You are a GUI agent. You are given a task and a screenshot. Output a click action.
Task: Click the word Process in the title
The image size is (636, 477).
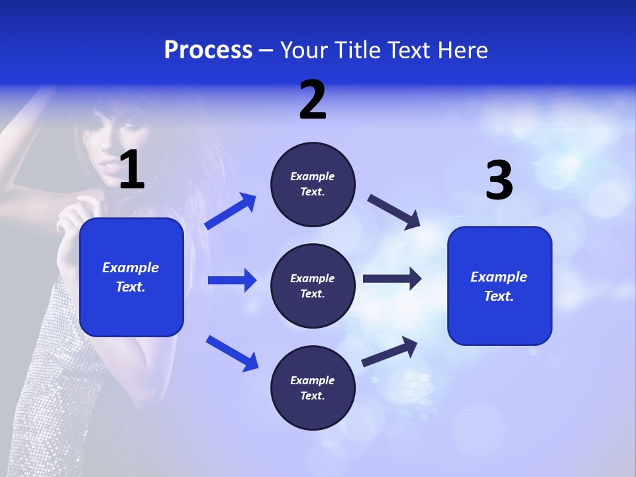pyautogui.click(x=208, y=50)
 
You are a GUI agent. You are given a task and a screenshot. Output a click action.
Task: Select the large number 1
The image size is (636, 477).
pyautogui.click(x=132, y=170)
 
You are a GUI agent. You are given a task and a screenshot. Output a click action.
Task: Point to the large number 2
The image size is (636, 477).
pyautogui.click(x=313, y=100)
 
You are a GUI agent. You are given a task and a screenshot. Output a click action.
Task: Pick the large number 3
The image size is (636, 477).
pyautogui.click(x=499, y=180)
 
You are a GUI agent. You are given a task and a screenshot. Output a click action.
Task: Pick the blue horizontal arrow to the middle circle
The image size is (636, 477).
pyautogui.click(x=232, y=280)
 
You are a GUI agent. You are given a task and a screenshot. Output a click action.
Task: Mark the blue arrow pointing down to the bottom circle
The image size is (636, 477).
pyautogui.click(x=232, y=352)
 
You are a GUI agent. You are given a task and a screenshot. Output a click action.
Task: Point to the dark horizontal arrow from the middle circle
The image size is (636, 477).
pyautogui.click(x=392, y=279)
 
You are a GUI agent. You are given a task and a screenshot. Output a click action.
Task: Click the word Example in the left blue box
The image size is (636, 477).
pyautogui.click(x=131, y=268)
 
